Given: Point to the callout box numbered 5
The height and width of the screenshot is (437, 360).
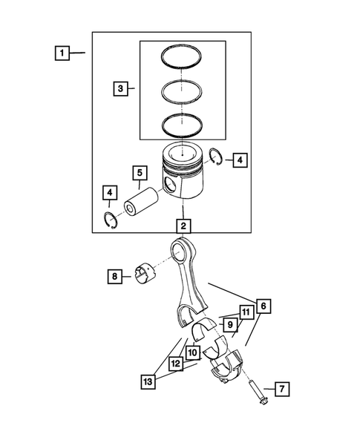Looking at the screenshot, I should click(x=139, y=174).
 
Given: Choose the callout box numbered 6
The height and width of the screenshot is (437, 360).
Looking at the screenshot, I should click(x=262, y=304).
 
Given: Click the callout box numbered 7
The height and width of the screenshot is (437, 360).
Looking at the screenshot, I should click(x=281, y=388).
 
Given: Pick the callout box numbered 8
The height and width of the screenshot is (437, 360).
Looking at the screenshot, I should click(x=116, y=277).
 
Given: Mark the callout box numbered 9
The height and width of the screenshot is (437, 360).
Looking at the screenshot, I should click(x=230, y=324).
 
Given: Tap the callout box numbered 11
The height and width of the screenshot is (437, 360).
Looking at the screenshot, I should click(x=245, y=312).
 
